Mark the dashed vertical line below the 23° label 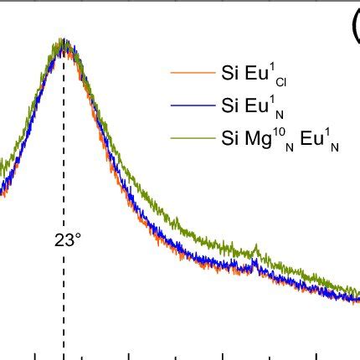(63, 301)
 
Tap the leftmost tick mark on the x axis (35, 355)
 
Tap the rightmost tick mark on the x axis (318, 355)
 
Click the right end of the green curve (357, 292)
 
